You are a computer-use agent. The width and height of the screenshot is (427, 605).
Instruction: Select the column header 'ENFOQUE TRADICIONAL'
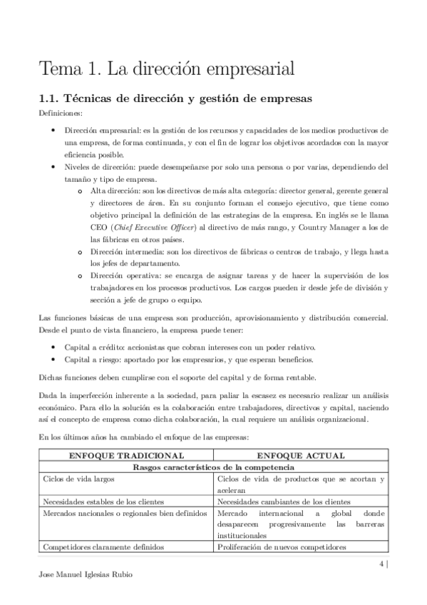[x=125, y=455]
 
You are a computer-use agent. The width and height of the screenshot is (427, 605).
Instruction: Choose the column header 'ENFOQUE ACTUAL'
[x=302, y=455]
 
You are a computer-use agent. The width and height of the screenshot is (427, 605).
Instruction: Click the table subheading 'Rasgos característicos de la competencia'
[x=213, y=467]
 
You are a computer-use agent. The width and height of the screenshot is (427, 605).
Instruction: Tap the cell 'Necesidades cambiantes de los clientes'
[x=284, y=502]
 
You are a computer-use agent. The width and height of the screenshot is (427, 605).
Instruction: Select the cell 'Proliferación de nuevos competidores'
[x=282, y=548]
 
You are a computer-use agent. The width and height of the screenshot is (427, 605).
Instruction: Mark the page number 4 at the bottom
[x=382, y=563]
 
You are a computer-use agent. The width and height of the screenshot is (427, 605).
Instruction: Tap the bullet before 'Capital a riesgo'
[x=56, y=359]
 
